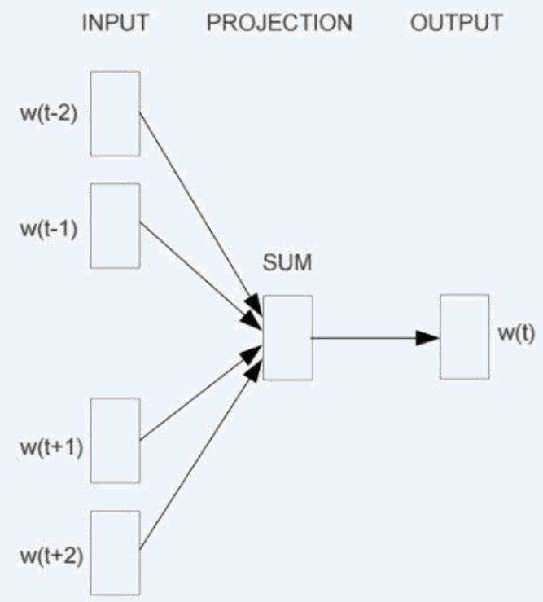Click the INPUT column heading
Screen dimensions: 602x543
[x=115, y=23]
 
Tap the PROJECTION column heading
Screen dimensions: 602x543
[x=279, y=23]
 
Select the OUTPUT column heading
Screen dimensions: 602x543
[x=456, y=23]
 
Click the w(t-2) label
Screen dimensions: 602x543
[x=48, y=113]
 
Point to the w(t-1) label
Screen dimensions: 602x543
[x=48, y=227]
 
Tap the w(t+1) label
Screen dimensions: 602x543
[x=50, y=447]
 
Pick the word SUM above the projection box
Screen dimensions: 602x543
[x=287, y=264]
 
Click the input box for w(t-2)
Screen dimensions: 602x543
[x=115, y=113]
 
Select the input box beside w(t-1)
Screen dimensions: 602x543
[x=115, y=226]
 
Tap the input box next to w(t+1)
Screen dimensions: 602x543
[x=115, y=441]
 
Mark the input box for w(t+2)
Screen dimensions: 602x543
[x=115, y=552]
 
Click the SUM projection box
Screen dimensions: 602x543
[x=287, y=336]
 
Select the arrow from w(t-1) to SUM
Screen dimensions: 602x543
[x=199, y=268]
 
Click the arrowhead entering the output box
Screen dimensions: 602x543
[x=427, y=336]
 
